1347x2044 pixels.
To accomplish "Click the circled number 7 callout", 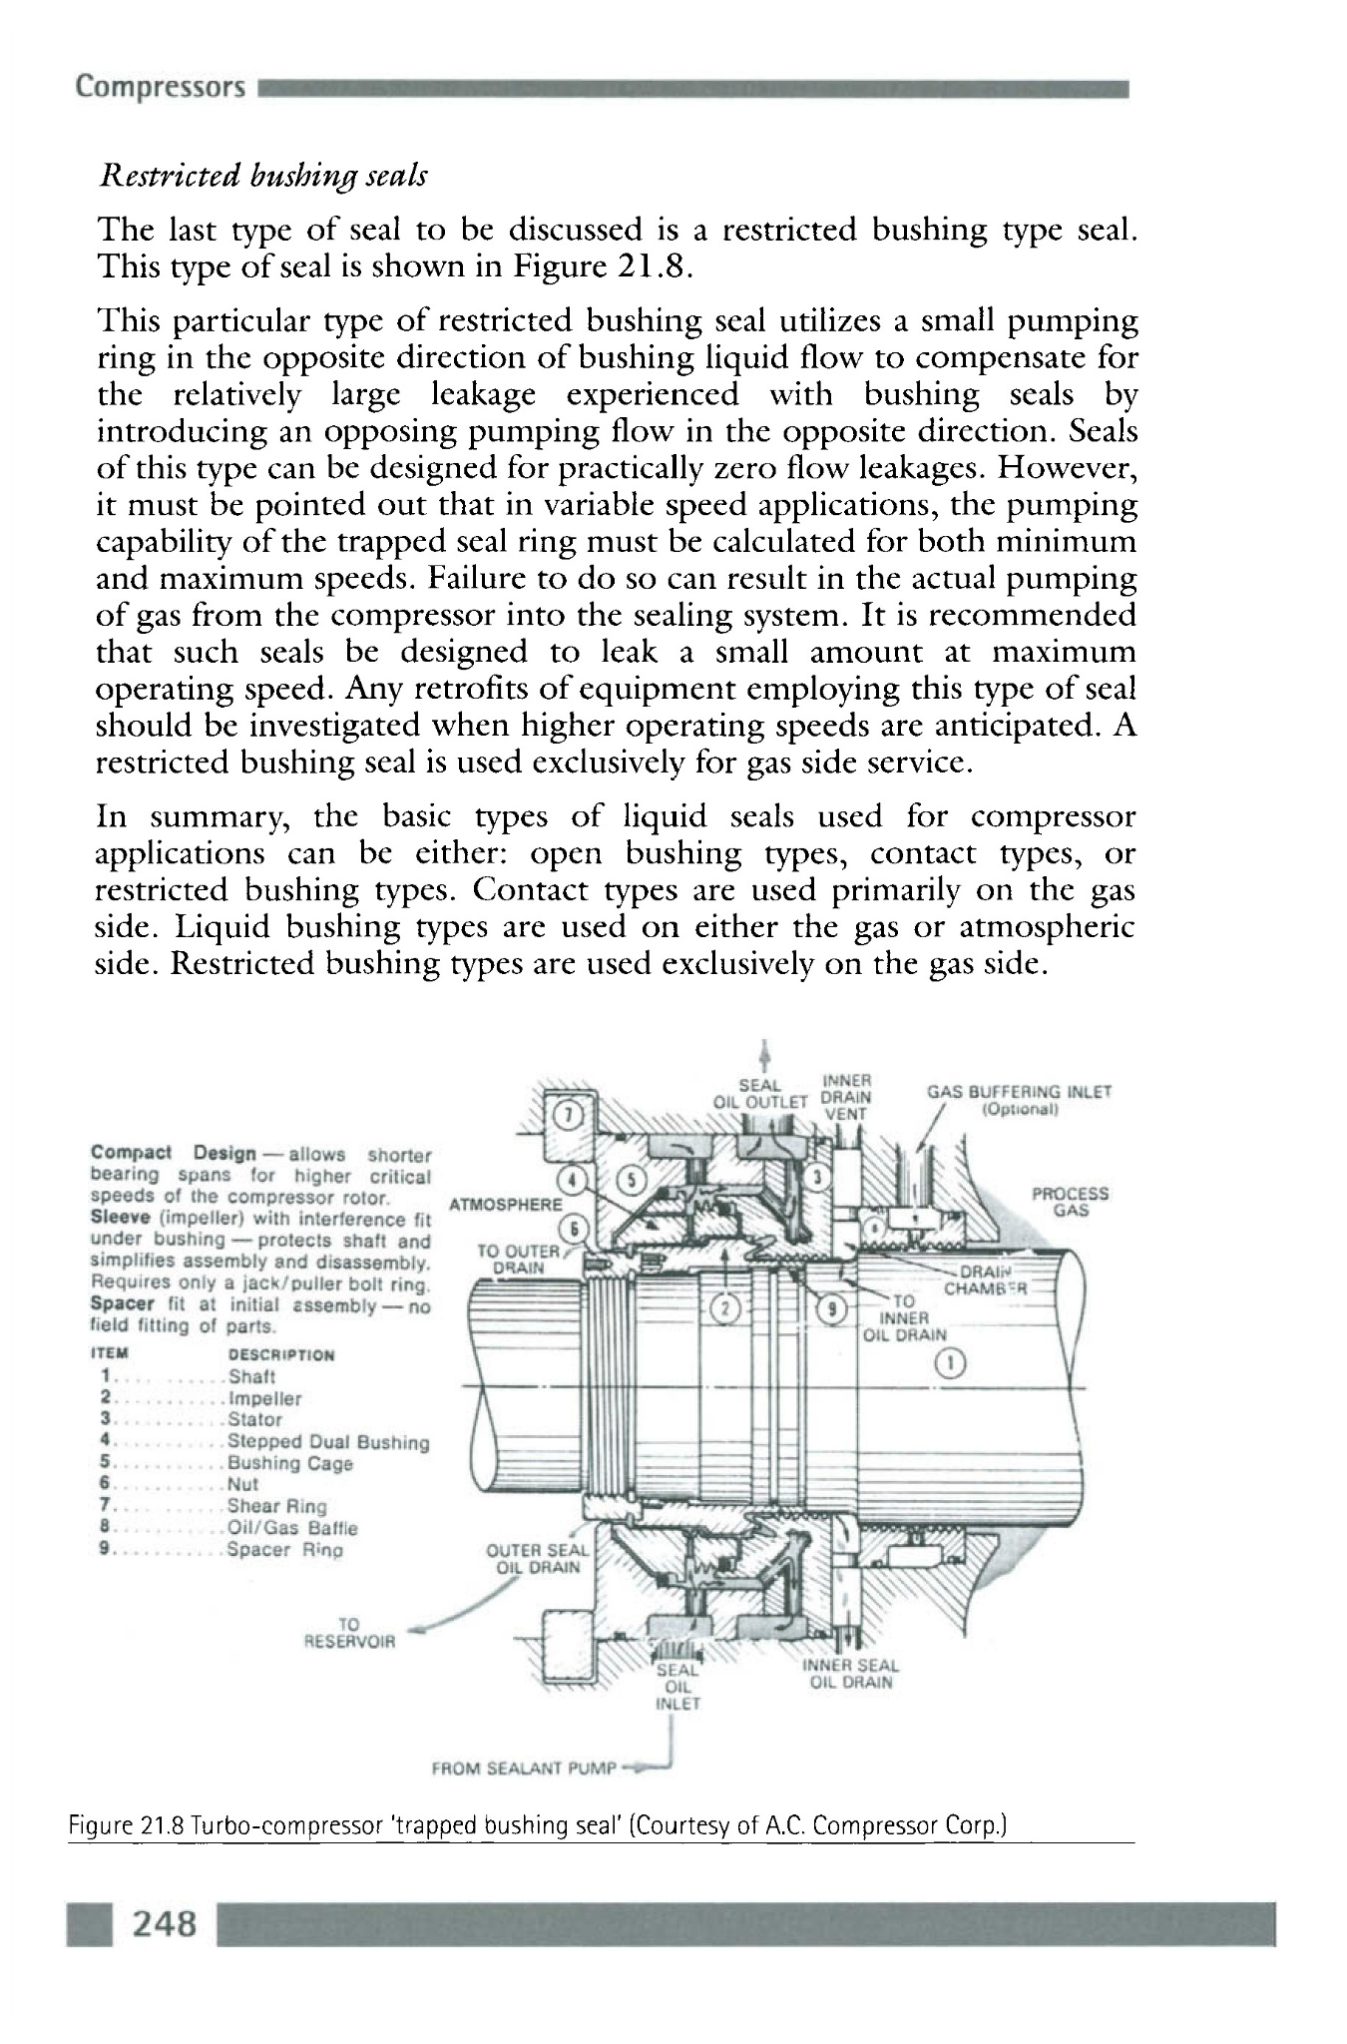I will (567, 1113).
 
